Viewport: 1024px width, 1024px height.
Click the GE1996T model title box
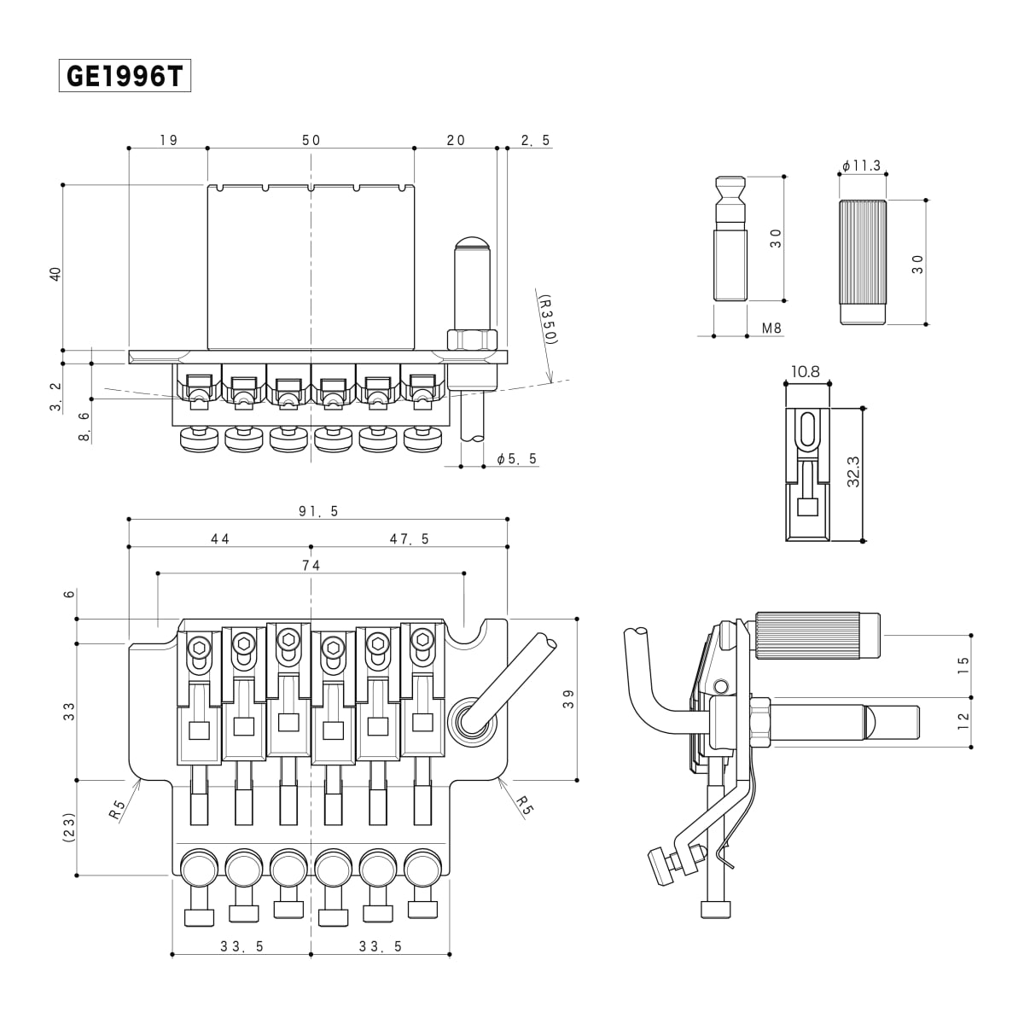tap(125, 77)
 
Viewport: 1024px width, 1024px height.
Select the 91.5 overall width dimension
tap(318, 511)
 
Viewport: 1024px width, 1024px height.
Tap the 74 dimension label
tap(311, 565)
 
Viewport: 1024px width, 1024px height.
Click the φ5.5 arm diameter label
tap(517, 459)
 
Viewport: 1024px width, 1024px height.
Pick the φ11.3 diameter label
tap(861, 166)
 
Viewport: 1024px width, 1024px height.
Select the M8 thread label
tap(771, 328)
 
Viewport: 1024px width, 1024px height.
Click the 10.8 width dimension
tap(805, 372)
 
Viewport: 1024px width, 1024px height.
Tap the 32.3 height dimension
tap(852, 472)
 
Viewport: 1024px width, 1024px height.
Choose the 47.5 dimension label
tap(409, 538)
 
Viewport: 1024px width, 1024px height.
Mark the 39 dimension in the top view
tap(569, 699)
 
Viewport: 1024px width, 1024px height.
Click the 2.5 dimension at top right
tap(535, 140)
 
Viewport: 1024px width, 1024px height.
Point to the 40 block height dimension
tap(55, 273)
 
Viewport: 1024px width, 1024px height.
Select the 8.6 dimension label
tap(83, 425)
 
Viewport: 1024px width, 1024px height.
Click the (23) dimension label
tap(69, 826)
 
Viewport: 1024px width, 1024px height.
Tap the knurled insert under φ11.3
tap(863, 261)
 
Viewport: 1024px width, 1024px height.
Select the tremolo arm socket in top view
tap(472, 719)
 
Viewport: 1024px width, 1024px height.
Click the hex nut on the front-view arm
tap(472, 340)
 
